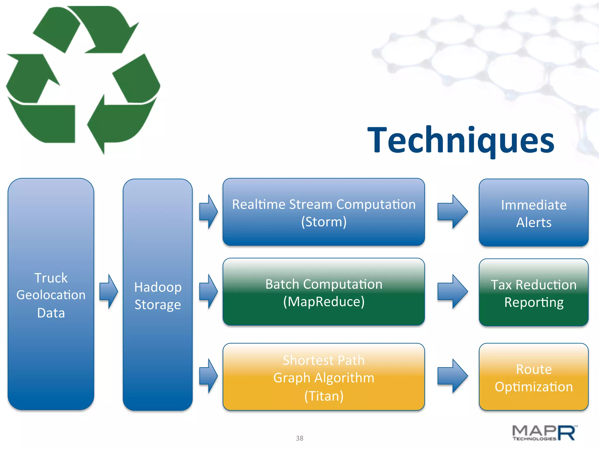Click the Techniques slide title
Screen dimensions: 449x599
tap(461, 140)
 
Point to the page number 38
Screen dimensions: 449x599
tap(299, 438)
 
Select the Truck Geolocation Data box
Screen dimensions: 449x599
tap(51, 295)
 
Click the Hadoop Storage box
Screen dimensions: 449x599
tap(158, 295)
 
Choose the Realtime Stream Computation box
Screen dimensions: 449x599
tap(323, 212)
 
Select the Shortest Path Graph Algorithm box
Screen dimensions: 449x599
tap(323, 377)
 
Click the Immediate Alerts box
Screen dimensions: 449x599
tap(533, 213)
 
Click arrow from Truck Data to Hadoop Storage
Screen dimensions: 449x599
tap(109, 291)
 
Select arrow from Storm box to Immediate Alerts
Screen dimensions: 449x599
tap(452, 212)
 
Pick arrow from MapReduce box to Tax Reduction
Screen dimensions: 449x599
tap(452, 291)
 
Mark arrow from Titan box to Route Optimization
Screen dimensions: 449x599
tap(452, 376)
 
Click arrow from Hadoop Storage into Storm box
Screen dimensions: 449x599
tap(208, 212)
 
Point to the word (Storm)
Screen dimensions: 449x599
tap(324, 222)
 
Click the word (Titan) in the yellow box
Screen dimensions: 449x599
tap(324, 396)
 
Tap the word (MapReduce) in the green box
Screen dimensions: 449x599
tap(324, 302)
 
